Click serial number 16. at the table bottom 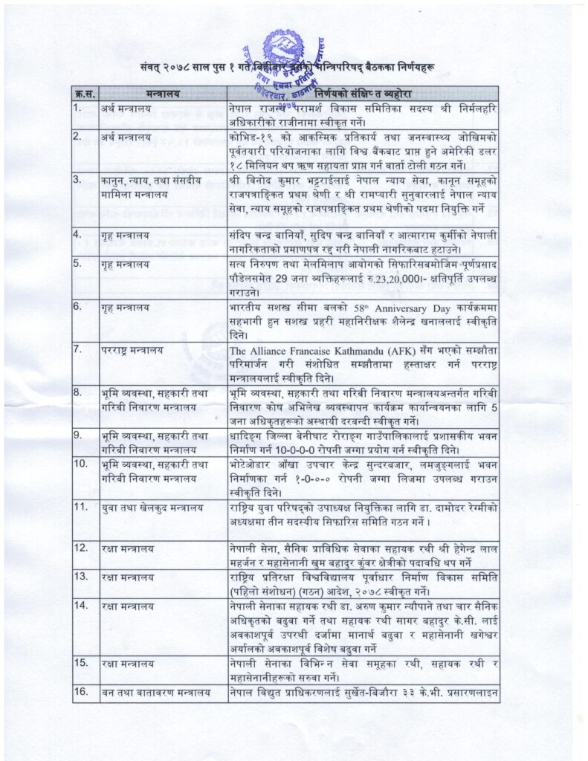click(x=81, y=693)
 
